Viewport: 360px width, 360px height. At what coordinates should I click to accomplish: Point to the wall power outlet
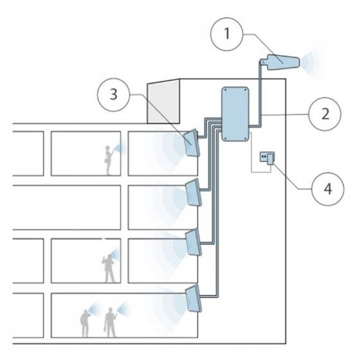click(264, 156)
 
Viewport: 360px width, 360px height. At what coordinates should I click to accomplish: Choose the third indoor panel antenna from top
click(193, 243)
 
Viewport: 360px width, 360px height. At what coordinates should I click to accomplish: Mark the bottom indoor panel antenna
click(192, 299)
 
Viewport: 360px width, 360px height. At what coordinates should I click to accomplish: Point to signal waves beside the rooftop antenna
click(313, 62)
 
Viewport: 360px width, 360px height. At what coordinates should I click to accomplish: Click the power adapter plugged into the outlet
click(271, 158)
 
